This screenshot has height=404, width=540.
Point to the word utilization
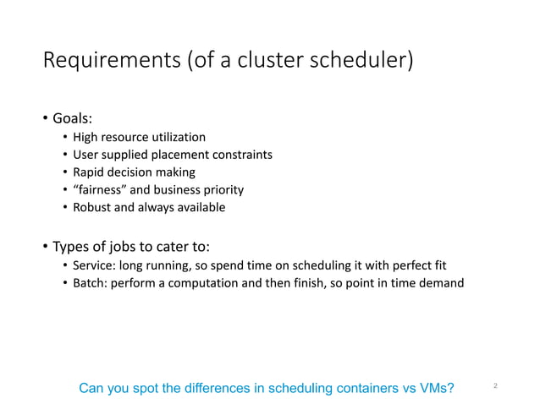(x=177, y=136)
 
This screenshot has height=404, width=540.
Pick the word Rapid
(x=88, y=172)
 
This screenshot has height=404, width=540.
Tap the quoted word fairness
(x=102, y=189)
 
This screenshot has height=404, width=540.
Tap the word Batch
(x=89, y=283)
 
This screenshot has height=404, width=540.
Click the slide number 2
(x=494, y=387)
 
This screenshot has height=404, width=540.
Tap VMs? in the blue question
(x=434, y=388)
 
